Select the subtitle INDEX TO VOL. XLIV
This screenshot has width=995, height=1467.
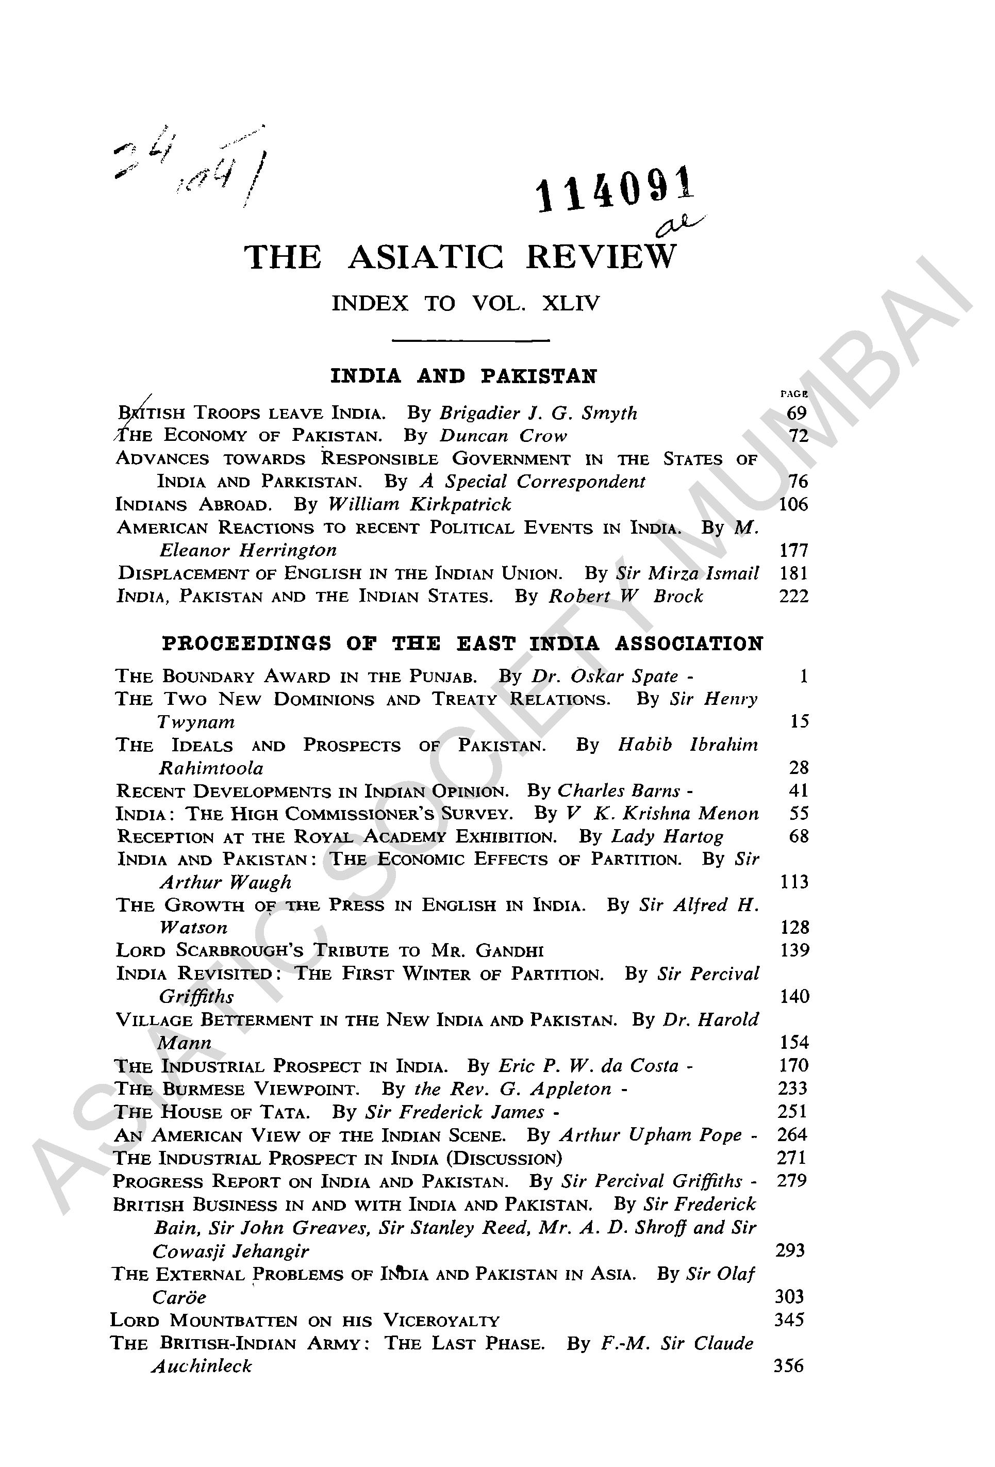466,304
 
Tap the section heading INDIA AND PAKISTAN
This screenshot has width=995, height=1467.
463,376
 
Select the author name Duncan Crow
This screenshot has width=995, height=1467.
503,436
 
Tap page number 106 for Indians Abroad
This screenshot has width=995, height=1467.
793,504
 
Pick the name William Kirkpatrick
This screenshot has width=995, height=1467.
420,504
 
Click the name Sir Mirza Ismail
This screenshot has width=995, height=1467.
687,573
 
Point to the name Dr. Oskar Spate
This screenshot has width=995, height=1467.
604,676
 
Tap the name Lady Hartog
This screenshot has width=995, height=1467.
667,836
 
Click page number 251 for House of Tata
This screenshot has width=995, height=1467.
792,1111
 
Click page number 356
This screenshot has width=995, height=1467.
788,1365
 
